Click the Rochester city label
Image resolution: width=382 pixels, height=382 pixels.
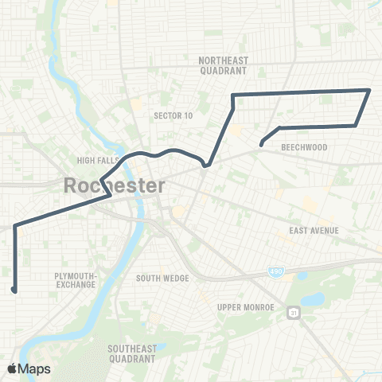coord(114,186)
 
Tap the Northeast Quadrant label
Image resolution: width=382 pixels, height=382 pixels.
coord(224,64)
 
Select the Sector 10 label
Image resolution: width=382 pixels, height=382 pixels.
coord(173,115)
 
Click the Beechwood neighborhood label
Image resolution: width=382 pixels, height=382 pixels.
coord(300,148)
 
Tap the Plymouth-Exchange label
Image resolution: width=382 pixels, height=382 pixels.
coord(76,279)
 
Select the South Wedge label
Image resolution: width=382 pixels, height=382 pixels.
coord(162,278)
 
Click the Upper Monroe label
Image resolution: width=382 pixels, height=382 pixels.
coord(246,307)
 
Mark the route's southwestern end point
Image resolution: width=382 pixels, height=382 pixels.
coord(14,290)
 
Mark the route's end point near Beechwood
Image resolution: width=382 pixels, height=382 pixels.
coord(261,144)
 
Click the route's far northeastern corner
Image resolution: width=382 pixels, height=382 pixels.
coord(369,90)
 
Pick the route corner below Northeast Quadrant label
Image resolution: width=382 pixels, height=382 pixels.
coord(232,95)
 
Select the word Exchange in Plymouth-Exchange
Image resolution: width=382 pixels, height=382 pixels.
coord(76,284)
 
